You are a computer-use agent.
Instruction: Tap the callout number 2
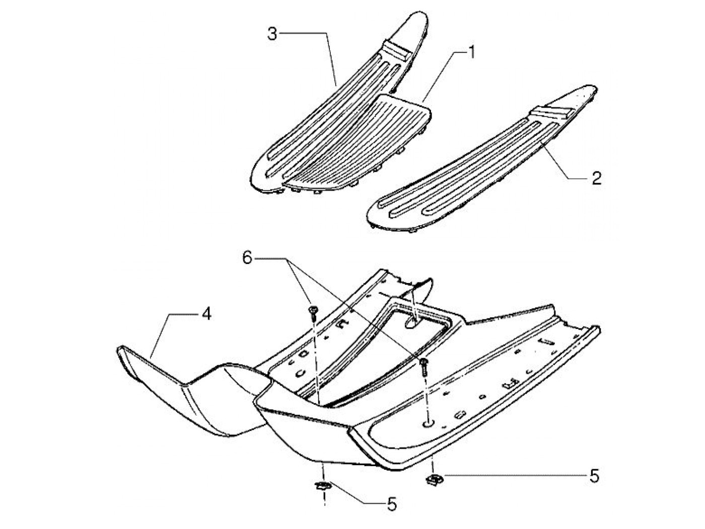tap(596, 178)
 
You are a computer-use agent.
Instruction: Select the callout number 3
tap(272, 35)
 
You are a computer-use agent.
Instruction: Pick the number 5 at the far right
tap(594, 476)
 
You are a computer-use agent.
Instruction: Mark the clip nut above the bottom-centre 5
tap(322, 485)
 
